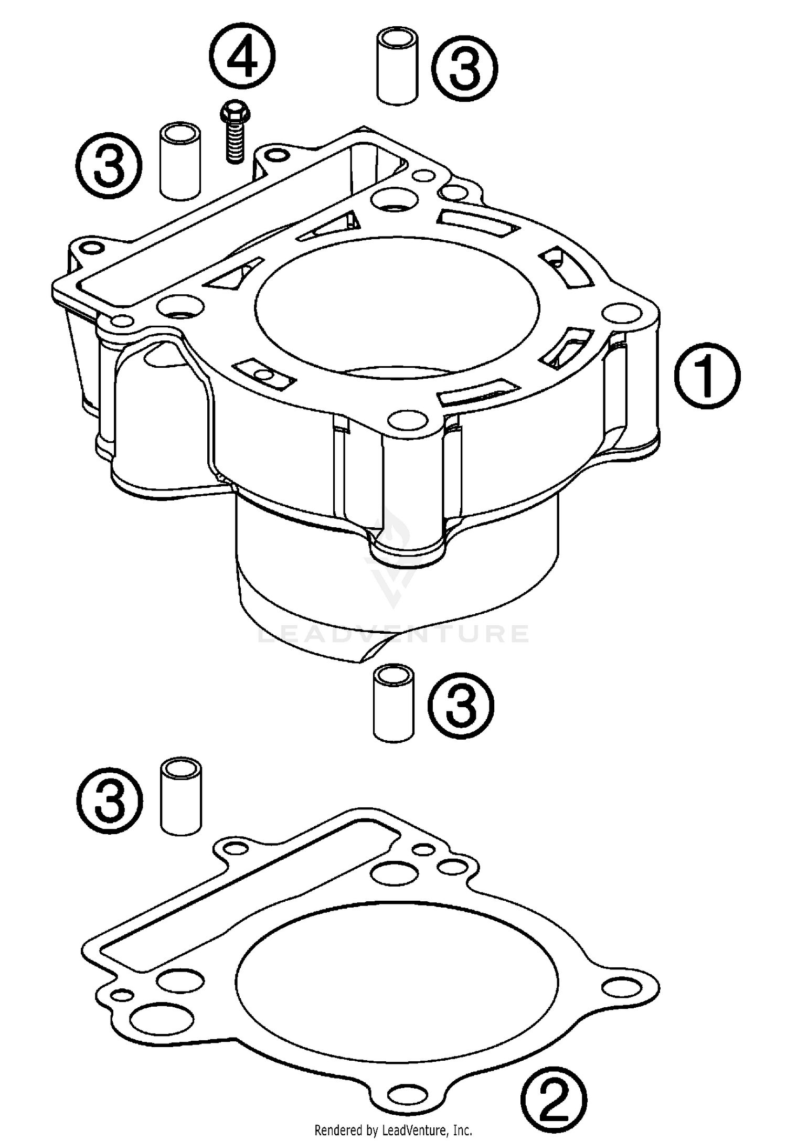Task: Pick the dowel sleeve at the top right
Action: pos(398,67)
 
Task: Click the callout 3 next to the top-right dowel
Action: pos(465,68)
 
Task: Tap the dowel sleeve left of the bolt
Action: pos(180,161)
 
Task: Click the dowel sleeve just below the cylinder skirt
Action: pos(393,703)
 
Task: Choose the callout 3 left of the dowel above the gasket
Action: pos(110,799)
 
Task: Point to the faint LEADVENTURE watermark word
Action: pos(393,634)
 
